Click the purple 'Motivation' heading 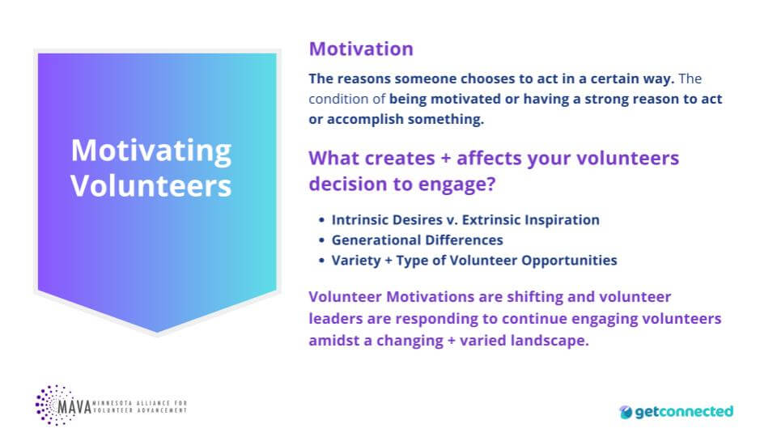[x=361, y=49]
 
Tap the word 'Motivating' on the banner [x=151, y=151]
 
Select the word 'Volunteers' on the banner [x=151, y=185]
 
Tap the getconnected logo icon [x=626, y=412]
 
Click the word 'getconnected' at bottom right [x=684, y=412]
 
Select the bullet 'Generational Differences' [x=417, y=240]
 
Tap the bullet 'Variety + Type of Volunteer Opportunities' [x=474, y=261]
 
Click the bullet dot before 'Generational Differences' [x=321, y=240]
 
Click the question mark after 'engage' [x=490, y=184]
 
